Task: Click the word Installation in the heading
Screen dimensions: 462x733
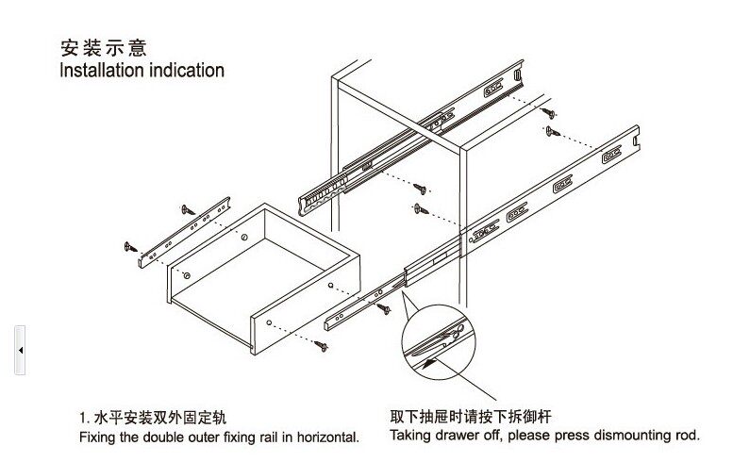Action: pyautogui.click(x=101, y=71)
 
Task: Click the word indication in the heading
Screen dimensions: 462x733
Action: pyautogui.click(x=185, y=71)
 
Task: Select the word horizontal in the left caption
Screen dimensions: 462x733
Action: pyautogui.click(x=325, y=438)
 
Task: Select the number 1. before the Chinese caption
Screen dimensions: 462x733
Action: pyautogui.click(x=84, y=417)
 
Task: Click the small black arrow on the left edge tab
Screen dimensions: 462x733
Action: pyautogui.click(x=20, y=350)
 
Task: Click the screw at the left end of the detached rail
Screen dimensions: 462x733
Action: pyautogui.click(x=130, y=247)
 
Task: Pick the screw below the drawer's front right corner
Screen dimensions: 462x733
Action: pyautogui.click(x=323, y=348)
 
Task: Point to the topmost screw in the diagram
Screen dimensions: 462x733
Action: pyautogui.click(x=550, y=110)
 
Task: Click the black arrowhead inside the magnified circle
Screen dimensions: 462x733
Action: pyautogui.click(x=429, y=358)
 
